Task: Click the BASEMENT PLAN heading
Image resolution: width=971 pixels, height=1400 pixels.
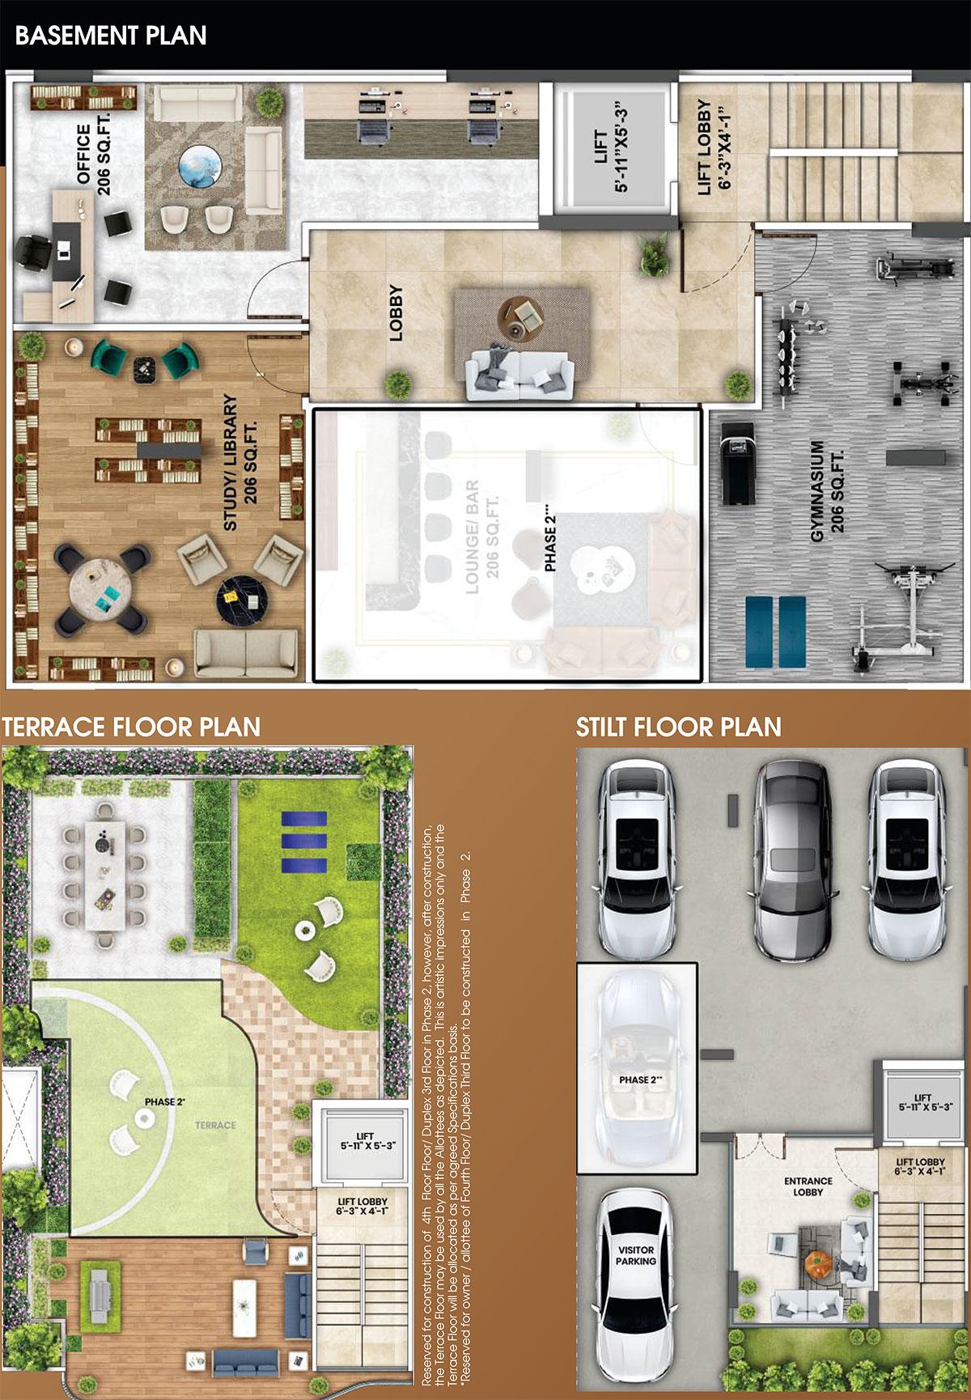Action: click(111, 36)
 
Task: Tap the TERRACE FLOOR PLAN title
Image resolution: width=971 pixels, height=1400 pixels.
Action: click(131, 727)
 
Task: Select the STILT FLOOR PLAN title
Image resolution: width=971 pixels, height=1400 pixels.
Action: click(678, 727)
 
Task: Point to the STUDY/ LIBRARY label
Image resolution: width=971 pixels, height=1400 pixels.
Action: click(240, 462)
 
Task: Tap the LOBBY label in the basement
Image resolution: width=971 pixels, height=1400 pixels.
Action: click(396, 312)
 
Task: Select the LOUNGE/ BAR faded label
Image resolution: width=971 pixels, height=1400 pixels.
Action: click(481, 537)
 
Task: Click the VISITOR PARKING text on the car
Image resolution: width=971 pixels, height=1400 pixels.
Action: click(636, 1255)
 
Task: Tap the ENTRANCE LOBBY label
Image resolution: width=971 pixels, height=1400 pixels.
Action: click(808, 1186)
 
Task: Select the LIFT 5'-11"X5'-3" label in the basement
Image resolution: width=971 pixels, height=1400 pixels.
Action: click(611, 160)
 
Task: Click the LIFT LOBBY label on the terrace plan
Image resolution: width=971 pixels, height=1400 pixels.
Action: click(362, 1207)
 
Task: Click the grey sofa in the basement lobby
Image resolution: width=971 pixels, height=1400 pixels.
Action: click(519, 373)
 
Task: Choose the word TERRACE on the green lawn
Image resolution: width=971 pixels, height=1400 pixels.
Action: click(215, 1125)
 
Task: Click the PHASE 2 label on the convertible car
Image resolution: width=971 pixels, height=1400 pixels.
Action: click(640, 1080)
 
